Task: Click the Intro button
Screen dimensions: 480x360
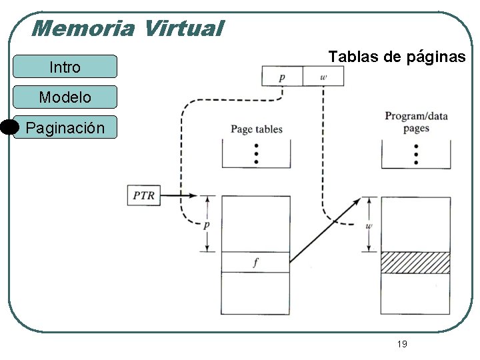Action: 65,67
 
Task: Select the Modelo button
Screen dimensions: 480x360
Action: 65,97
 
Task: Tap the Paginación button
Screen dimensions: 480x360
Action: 65,127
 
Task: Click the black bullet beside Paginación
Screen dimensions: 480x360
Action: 9,127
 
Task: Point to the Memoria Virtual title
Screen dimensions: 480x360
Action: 127,28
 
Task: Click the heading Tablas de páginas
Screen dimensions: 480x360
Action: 397,57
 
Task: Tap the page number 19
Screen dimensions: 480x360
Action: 402,344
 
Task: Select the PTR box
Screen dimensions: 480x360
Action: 143,195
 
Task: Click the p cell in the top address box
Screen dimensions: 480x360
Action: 282,77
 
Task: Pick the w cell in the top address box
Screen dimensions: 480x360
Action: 323,77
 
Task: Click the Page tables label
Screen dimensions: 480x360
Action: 257,129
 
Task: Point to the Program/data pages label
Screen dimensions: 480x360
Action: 416,122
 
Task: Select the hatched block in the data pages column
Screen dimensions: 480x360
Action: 415,262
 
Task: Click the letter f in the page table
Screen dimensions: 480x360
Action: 255,263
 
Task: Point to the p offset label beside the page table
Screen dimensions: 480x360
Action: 207,225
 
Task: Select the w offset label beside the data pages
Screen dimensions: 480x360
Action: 369,225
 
